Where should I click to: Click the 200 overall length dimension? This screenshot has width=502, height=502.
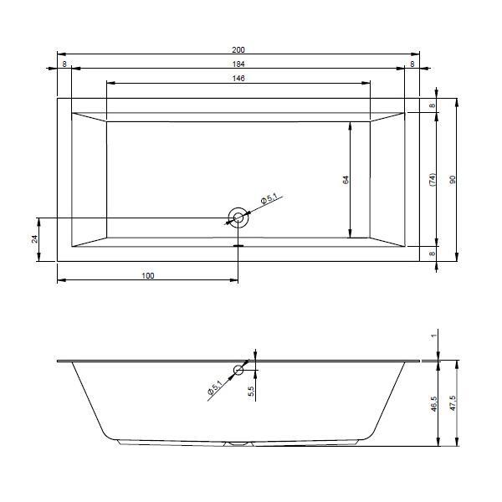[238, 50]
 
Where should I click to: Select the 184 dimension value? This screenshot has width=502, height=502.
[238, 64]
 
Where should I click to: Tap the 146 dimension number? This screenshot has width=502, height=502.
[238, 78]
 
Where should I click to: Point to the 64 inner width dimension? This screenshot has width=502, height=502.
[346, 180]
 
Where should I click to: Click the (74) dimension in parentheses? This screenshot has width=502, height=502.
[433, 180]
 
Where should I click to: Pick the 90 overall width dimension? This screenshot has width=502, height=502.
[453, 180]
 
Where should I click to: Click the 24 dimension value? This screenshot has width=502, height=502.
[34, 239]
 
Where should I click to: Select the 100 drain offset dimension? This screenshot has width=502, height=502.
[147, 275]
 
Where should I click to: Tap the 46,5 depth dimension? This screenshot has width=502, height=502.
[433, 403]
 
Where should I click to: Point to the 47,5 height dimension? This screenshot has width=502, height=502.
[453, 403]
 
